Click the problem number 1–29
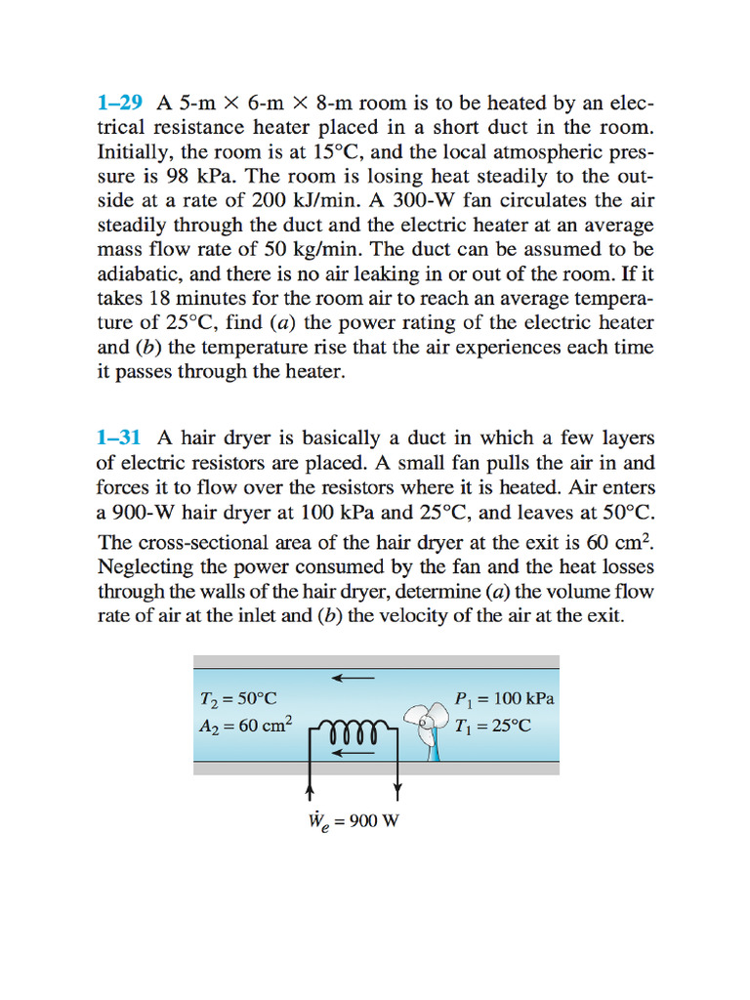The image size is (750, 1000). [121, 103]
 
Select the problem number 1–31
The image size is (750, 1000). [121, 437]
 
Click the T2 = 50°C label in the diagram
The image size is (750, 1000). [237, 698]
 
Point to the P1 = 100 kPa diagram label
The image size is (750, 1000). [504, 698]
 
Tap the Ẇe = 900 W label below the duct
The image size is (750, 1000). [353, 820]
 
